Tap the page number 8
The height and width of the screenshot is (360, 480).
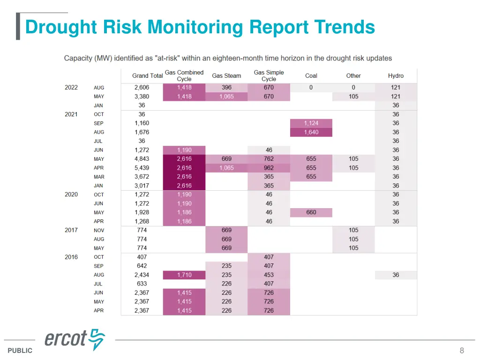tap(462, 350)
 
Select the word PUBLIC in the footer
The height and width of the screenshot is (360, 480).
tap(20, 351)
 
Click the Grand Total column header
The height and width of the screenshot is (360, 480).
tap(147, 75)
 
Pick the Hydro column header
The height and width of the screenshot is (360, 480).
tap(396, 75)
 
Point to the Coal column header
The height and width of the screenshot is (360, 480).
tap(311, 75)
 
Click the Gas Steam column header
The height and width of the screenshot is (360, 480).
tap(226, 75)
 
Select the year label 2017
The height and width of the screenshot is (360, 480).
tap(71, 230)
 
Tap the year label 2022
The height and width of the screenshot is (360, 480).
tap(71, 88)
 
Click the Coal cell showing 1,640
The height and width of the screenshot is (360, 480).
tap(311, 132)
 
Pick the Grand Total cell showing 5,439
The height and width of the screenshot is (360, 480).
tap(142, 168)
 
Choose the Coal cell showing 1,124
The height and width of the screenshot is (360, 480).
tap(311, 123)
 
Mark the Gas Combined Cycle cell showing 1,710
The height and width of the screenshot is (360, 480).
tap(184, 275)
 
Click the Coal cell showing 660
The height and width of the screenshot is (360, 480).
tap(311, 212)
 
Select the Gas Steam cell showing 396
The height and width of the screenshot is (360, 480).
tap(226, 88)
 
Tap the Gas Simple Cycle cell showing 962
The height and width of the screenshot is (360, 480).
tap(269, 168)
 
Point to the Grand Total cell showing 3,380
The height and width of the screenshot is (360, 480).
tap(142, 97)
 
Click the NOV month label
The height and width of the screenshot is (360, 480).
tap(99, 230)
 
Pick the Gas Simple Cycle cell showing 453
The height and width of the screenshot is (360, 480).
tap(269, 275)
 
